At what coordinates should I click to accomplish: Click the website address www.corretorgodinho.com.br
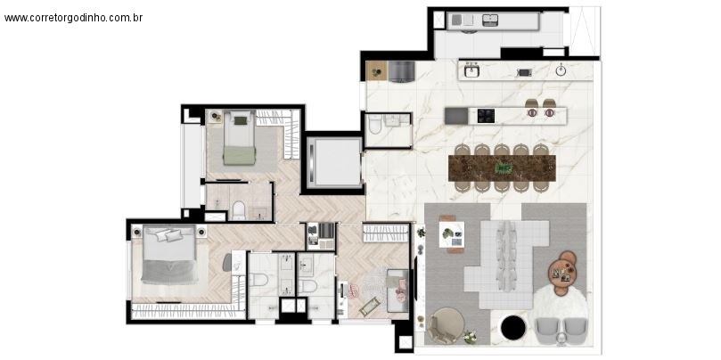pyautogui.click(x=73, y=17)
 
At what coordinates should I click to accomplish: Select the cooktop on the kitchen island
pyautogui.click(x=487, y=114)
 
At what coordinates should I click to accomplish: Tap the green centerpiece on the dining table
pyautogui.click(x=504, y=167)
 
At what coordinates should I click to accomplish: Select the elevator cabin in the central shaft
pyautogui.click(x=335, y=161)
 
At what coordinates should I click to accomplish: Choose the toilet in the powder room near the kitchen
pyautogui.click(x=375, y=128)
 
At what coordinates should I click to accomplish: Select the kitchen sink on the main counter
pyautogui.click(x=471, y=70)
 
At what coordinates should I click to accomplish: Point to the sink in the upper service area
pyautogui.click(x=490, y=20)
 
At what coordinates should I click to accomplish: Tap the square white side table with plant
pyautogui.click(x=453, y=234)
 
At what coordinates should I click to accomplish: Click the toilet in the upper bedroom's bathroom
pyautogui.click(x=238, y=210)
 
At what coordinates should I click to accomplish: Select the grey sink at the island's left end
pyautogui.click(x=455, y=114)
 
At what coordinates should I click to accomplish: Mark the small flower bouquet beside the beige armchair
pyautogui.click(x=470, y=336)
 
